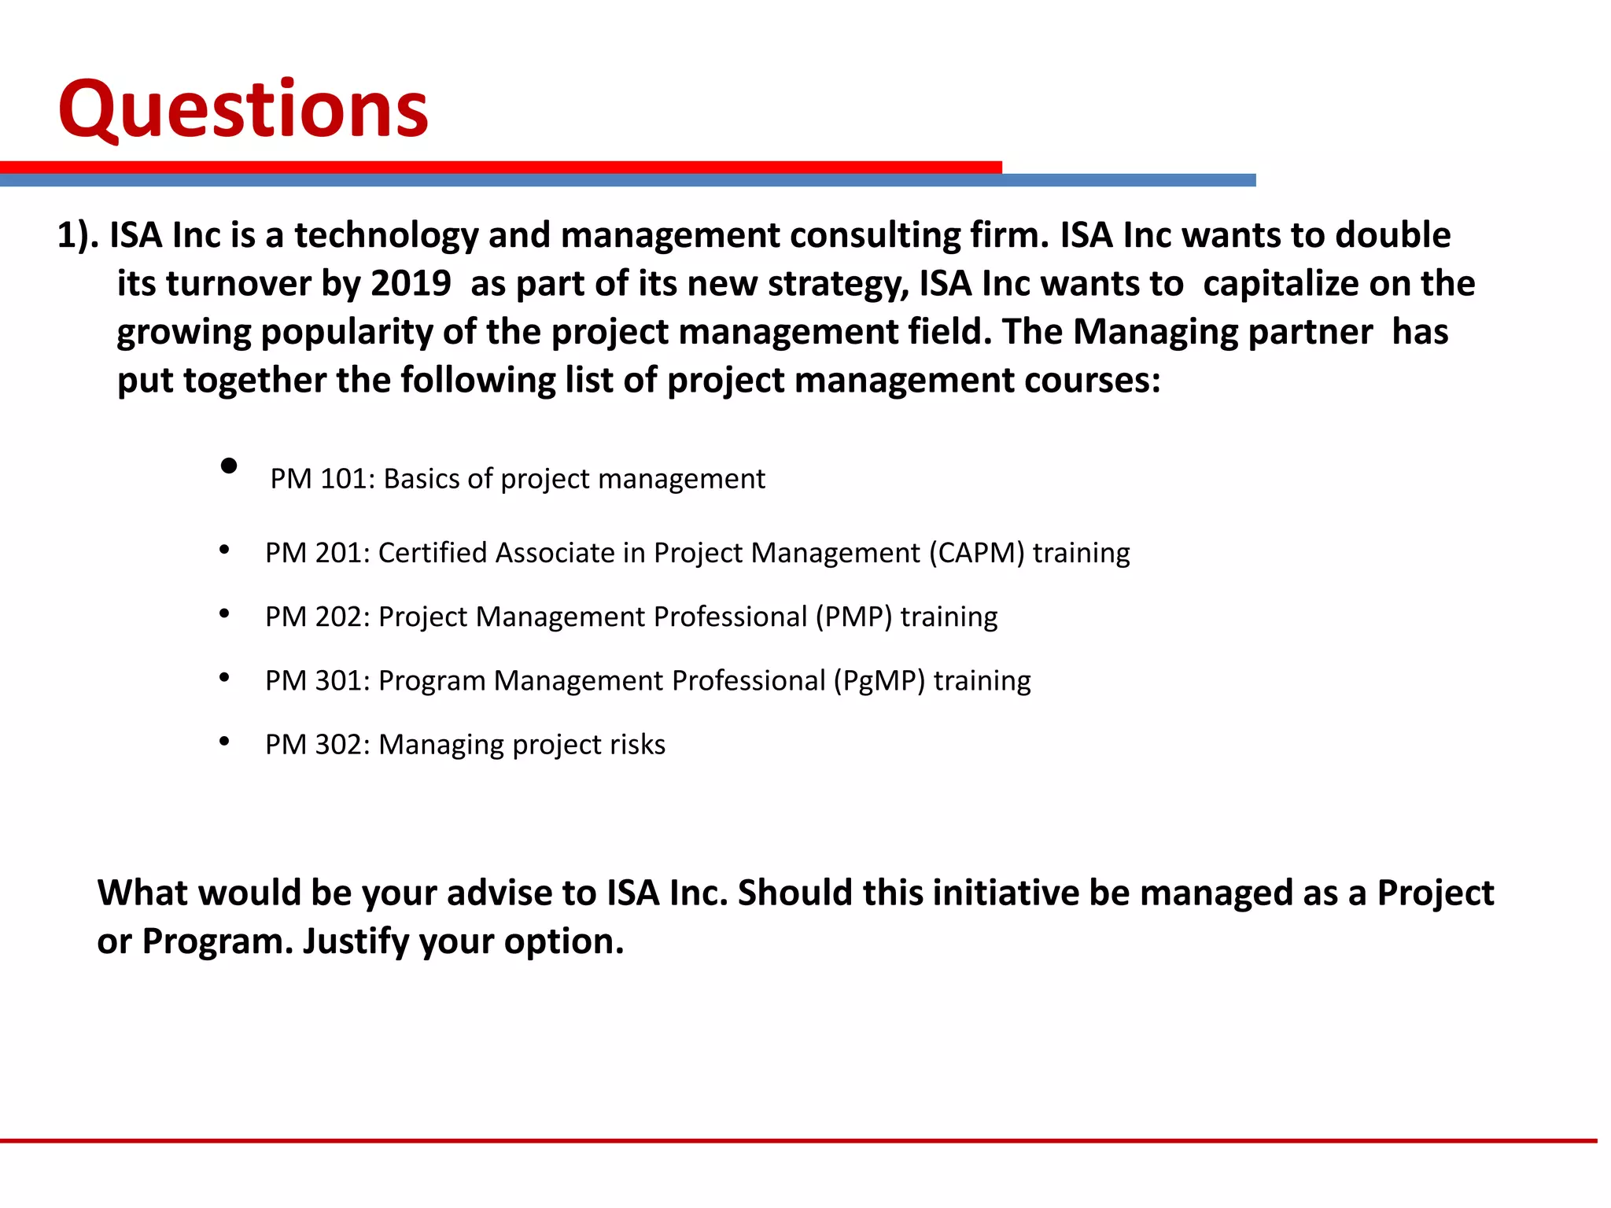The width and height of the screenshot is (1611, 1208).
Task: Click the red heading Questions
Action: click(243, 109)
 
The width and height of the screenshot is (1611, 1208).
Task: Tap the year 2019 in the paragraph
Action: click(411, 284)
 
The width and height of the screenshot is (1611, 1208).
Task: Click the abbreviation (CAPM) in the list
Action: click(976, 553)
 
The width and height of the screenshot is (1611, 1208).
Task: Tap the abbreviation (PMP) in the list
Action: click(853, 617)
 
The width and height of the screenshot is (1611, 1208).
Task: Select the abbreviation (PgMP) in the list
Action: click(879, 681)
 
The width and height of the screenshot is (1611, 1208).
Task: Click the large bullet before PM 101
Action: click(229, 466)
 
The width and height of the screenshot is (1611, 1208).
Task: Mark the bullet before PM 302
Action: click(224, 741)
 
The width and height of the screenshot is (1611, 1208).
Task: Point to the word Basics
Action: click(421, 479)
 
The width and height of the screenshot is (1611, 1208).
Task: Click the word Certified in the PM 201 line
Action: click(433, 553)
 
